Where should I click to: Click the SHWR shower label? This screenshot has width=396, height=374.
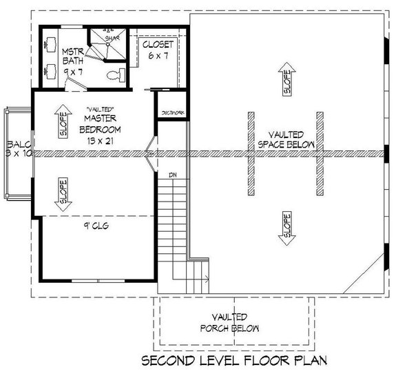(111, 38)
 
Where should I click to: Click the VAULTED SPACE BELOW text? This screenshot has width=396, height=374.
(284, 140)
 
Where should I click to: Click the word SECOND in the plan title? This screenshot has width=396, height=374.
(169, 360)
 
